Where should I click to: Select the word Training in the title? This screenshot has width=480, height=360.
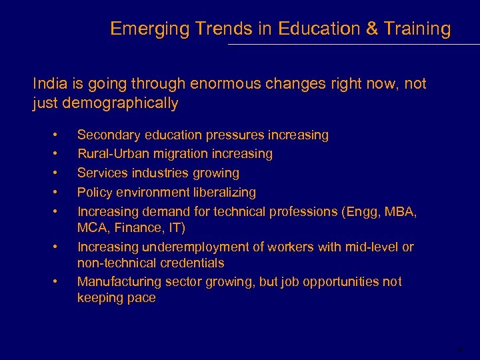[x=418, y=29]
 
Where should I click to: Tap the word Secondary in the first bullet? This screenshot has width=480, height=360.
[x=107, y=135]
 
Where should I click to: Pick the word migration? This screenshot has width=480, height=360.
[x=172, y=154]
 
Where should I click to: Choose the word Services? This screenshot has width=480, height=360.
[x=101, y=173]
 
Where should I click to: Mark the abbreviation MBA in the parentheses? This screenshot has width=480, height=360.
[x=402, y=212]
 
